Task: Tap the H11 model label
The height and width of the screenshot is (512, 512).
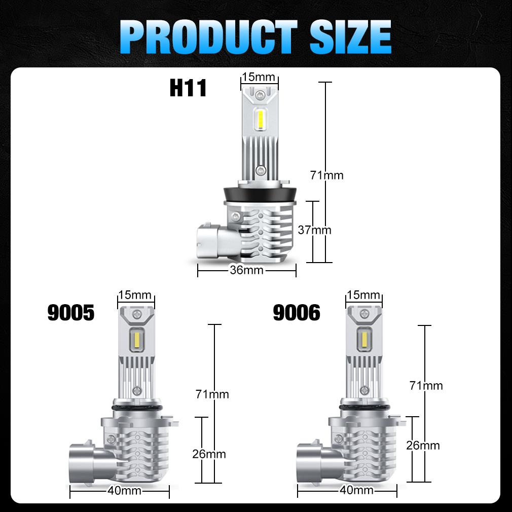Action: (x=188, y=88)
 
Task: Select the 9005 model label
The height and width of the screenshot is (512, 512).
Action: (x=71, y=313)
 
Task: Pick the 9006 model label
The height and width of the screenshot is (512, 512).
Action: (x=297, y=313)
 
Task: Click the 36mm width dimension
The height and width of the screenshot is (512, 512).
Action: (x=246, y=270)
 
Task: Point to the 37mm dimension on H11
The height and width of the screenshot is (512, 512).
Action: (x=314, y=230)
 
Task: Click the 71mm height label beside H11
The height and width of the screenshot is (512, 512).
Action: (x=327, y=175)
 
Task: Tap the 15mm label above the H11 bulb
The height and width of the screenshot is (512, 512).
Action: (x=259, y=78)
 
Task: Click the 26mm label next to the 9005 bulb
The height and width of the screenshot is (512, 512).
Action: (x=209, y=454)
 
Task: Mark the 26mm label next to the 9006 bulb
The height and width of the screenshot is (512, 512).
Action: (x=423, y=446)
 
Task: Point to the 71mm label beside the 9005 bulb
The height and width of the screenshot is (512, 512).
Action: (x=212, y=394)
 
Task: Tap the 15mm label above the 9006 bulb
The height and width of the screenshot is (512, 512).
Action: (x=363, y=295)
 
